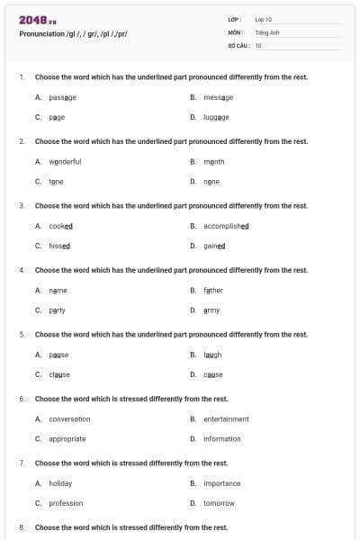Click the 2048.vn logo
click(32, 19)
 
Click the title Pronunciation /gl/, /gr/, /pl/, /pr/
click(73, 34)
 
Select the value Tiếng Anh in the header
click(268, 31)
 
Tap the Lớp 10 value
click(264, 19)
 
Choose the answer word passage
click(62, 97)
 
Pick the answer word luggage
click(216, 117)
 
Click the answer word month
click(213, 162)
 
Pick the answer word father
click(212, 291)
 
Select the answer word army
click(211, 310)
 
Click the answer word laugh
click(212, 355)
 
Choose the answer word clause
click(59, 374)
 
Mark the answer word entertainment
click(226, 418)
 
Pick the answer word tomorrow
click(219, 503)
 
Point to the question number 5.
click(22, 335)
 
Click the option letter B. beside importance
click(193, 483)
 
